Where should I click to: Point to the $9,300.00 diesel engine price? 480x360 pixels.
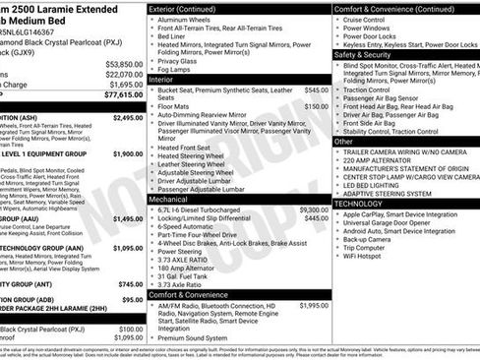tap(314, 210)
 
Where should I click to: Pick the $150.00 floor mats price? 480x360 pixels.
tap(317, 105)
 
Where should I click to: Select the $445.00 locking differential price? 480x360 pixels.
tap(317, 218)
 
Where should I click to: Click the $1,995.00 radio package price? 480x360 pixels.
tap(314, 306)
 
